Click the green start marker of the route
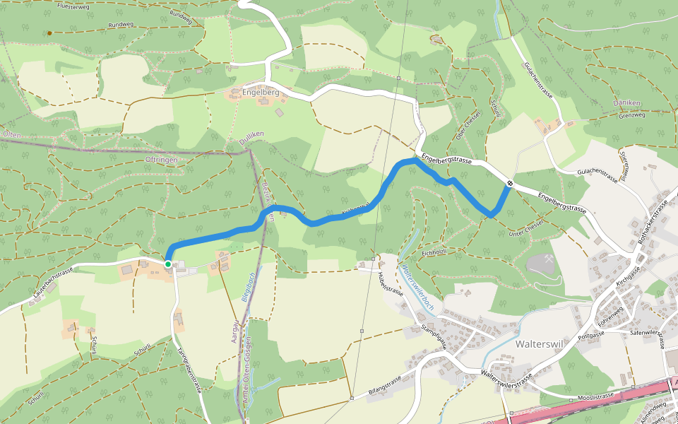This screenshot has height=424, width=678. coord(168,264)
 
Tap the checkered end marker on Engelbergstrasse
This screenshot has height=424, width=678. coord(509,184)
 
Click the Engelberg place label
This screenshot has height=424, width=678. coord(261,93)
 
